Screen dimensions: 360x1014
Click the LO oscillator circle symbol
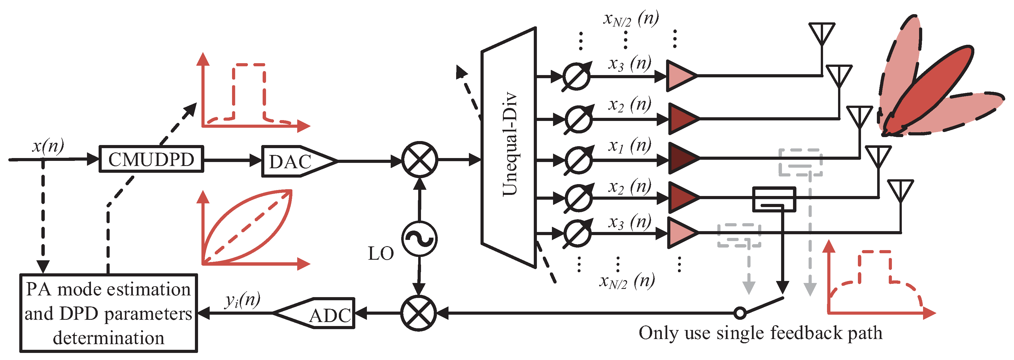click(419, 239)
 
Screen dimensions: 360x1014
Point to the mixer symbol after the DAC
click(420, 160)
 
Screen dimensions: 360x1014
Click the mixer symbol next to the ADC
click(419, 313)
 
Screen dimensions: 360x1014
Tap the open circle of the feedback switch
click(740, 313)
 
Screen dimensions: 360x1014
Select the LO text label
click(381, 254)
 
